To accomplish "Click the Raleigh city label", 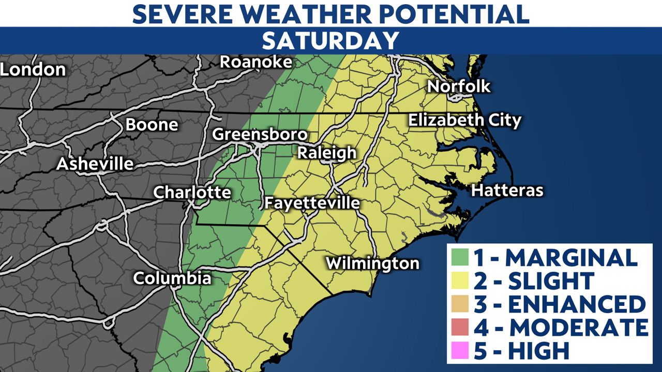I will click(326, 153).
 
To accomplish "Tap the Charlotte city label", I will click(192, 193).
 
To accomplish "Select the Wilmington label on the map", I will click(372, 263).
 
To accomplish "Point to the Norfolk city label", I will click(459, 86).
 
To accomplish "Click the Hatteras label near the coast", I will click(507, 191).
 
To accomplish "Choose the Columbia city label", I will click(172, 278).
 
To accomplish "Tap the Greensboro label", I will click(260, 135).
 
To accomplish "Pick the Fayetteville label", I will click(312, 203).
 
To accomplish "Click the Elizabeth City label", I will click(464, 120).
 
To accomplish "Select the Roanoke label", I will click(256, 62).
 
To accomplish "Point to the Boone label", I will click(152, 125).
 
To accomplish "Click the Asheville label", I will click(95, 164).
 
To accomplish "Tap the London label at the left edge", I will click(33, 69).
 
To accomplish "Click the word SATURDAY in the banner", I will click(330, 40).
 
